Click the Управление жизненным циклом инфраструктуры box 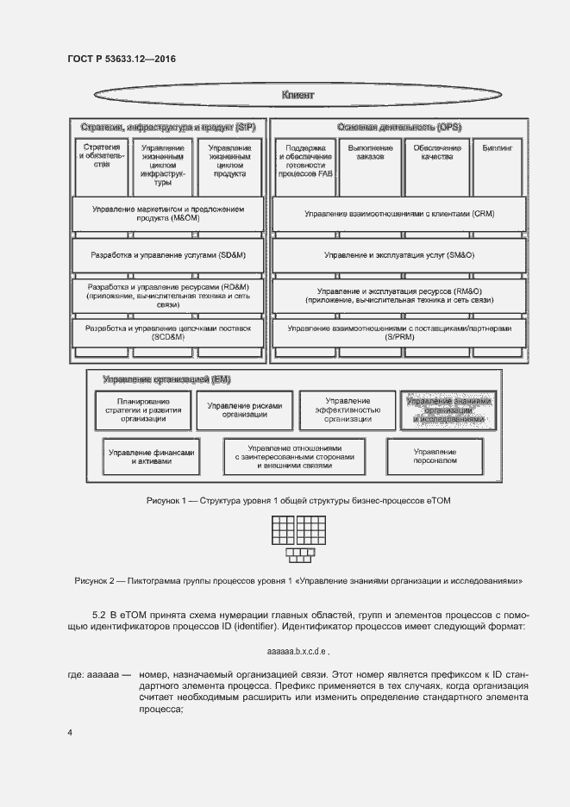point(163,163)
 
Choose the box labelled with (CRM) point(398,214)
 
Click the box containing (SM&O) point(398,255)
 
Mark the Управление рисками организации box point(244,410)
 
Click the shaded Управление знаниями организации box point(448,410)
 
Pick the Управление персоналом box point(435,457)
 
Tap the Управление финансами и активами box point(152,457)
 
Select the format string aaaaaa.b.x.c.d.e point(298,651)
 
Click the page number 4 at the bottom point(70,733)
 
